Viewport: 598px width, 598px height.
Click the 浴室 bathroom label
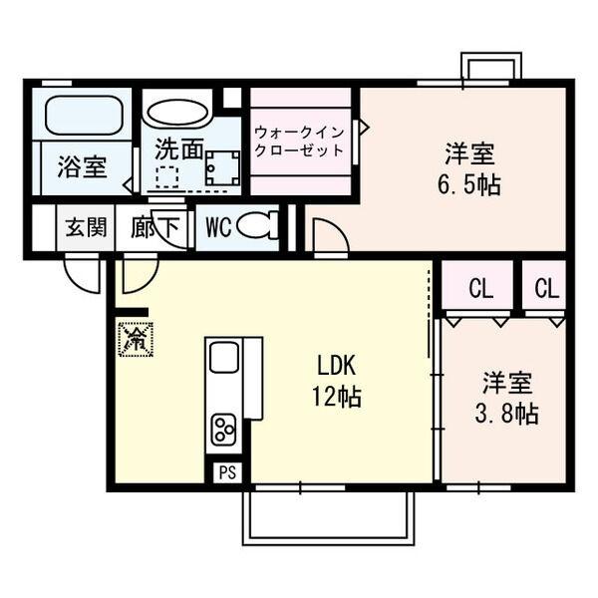[82, 165]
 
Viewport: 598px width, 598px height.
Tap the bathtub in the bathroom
[84, 116]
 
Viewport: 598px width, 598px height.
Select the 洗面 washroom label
[178, 149]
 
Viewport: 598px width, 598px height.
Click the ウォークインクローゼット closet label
[299, 142]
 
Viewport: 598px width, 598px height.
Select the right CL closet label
[546, 290]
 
